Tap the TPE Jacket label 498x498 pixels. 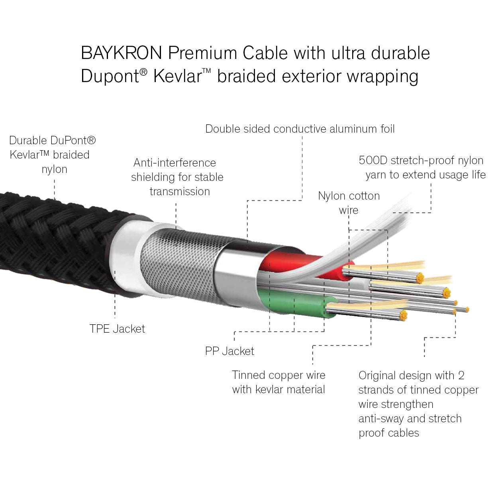point(117,329)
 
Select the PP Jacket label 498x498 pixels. point(229,351)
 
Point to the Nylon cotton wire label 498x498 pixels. point(349,203)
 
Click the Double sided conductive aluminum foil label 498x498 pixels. point(300,129)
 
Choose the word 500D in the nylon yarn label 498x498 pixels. point(373,161)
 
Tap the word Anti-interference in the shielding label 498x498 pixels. point(174,163)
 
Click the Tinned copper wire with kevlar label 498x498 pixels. point(278,382)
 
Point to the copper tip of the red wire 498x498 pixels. point(420,278)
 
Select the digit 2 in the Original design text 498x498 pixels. point(461,375)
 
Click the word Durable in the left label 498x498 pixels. point(28,140)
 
